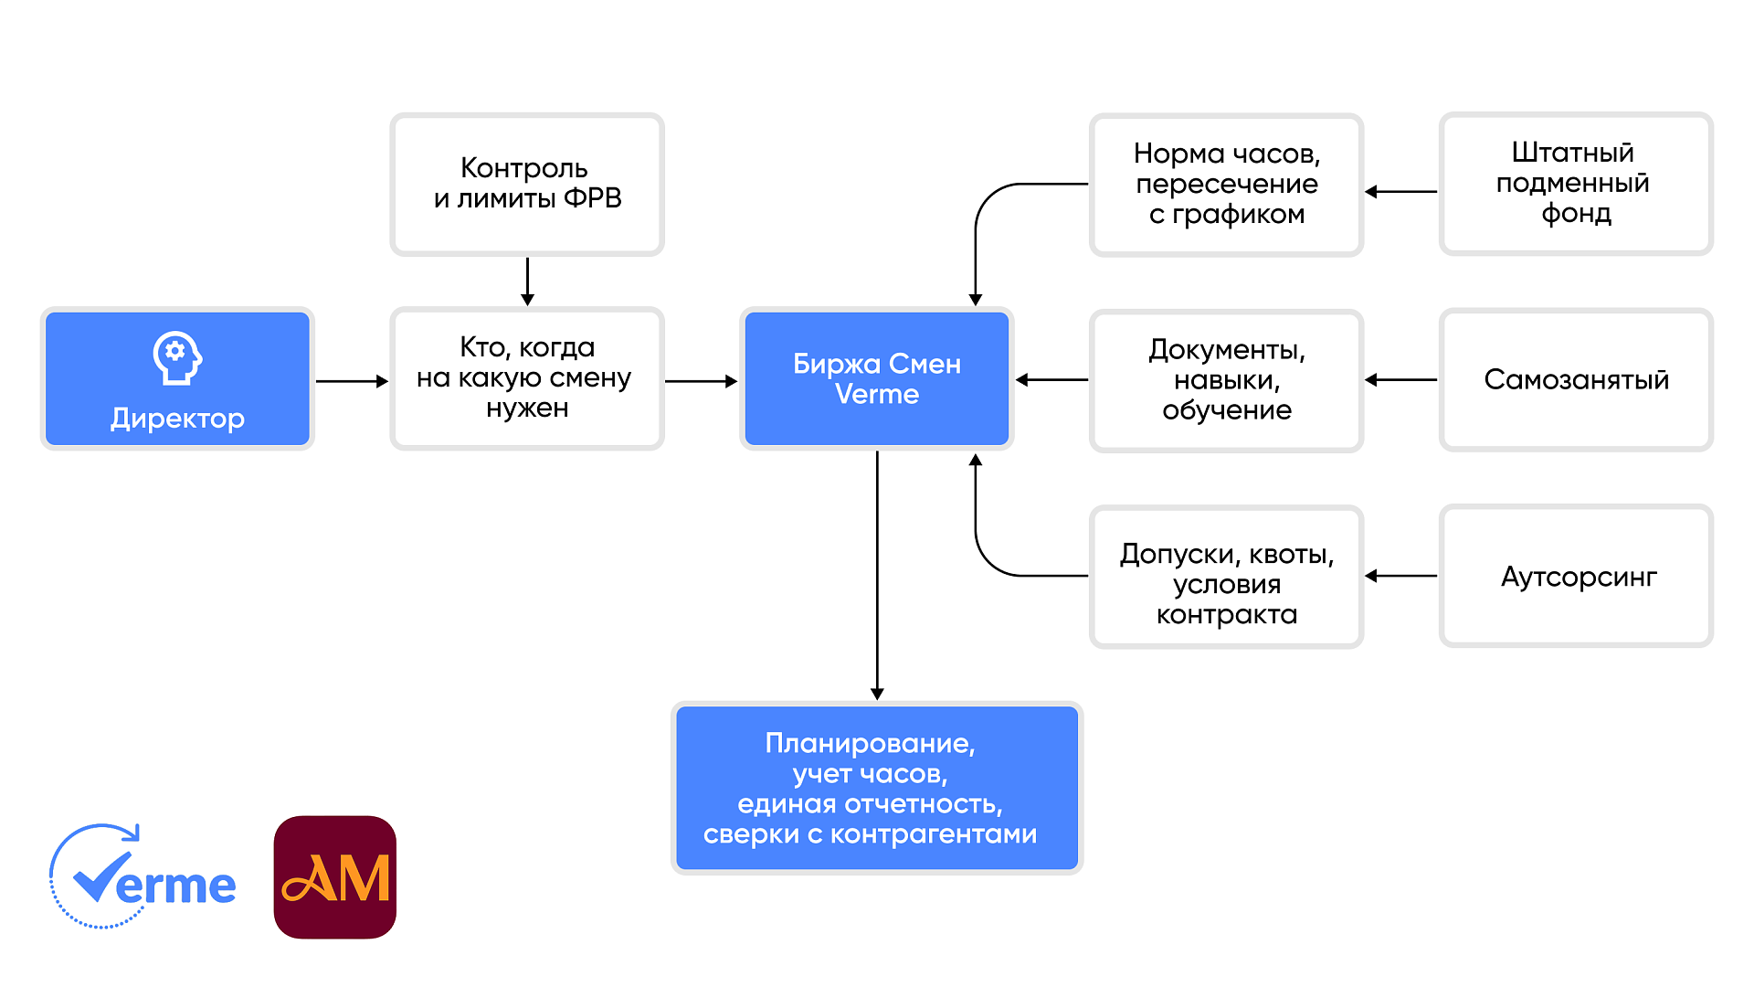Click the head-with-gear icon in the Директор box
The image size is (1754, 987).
177,357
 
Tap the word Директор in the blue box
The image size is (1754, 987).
177,419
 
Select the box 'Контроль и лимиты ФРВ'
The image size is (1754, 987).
527,184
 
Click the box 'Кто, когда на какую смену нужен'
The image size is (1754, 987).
527,378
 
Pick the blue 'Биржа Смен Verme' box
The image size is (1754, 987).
877,378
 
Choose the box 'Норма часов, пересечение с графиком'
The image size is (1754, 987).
1226,185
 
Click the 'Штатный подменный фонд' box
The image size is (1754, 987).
1575,184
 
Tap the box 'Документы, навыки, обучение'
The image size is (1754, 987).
1226,380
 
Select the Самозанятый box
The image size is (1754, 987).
1575,380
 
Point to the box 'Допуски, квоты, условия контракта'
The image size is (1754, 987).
1226,577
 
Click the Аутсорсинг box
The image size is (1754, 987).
1575,577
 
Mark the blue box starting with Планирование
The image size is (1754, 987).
877,788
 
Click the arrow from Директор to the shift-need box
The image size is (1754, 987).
352,381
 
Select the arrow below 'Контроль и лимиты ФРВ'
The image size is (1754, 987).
527,281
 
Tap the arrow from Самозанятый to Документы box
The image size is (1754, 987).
1401,380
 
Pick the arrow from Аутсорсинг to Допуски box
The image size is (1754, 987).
1401,576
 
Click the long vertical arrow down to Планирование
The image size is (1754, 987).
877,576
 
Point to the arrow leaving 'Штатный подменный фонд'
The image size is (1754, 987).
1401,192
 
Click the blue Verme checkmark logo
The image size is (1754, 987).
142,877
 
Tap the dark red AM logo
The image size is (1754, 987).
335,877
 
